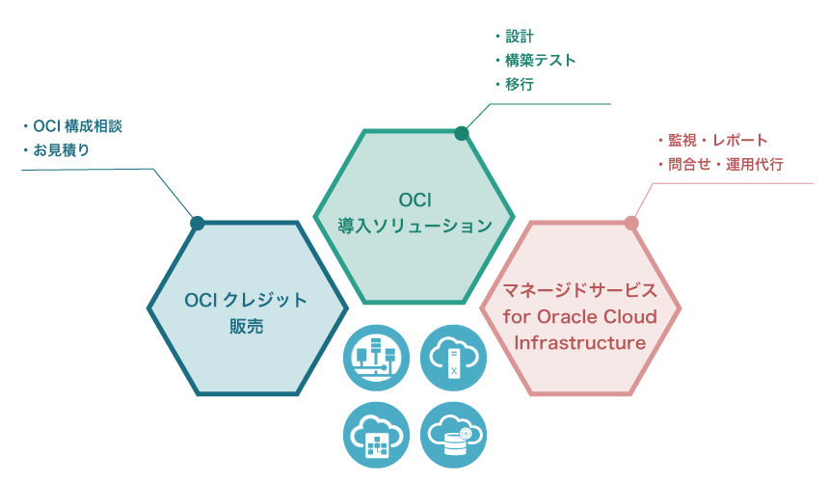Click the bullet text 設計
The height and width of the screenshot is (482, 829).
point(521,37)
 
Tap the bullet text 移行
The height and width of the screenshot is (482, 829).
point(521,85)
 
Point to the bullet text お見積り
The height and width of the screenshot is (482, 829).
point(62,150)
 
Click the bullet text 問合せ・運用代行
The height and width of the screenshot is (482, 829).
point(725,165)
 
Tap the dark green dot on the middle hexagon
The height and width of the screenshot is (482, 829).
point(462,133)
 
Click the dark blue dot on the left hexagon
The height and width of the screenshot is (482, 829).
point(198,223)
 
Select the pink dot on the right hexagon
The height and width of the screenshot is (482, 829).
point(631,223)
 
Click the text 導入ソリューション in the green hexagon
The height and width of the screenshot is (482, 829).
point(414,226)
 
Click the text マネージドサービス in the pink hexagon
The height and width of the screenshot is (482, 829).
point(580,290)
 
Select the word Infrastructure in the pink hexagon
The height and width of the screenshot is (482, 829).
point(580,342)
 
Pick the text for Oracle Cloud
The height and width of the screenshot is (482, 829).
point(580,316)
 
